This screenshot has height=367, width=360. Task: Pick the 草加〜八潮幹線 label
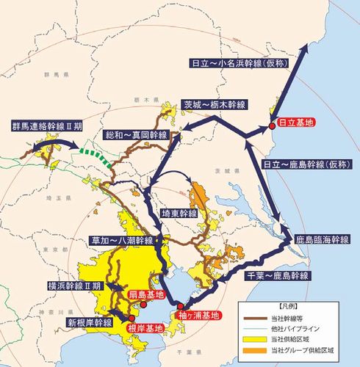pyautogui.click(x=121, y=240)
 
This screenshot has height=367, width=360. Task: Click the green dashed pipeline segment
pyautogui.click(x=98, y=155)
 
